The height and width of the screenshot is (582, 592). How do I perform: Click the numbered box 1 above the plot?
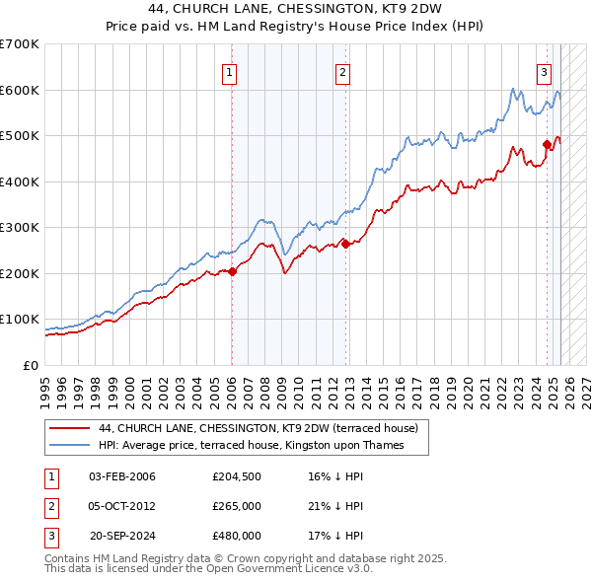(229, 72)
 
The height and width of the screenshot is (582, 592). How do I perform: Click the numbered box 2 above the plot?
(341, 72)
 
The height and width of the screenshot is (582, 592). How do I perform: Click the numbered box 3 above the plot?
(544, 72)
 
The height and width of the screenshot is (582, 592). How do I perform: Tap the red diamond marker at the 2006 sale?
(232, 272)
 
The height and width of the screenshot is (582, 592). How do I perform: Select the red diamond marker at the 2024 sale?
(547, 145)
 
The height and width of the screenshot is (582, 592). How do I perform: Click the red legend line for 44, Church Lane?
(69, 428)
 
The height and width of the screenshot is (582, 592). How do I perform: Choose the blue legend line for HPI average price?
(69, 445)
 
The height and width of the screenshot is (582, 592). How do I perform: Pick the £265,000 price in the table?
(237, 506)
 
